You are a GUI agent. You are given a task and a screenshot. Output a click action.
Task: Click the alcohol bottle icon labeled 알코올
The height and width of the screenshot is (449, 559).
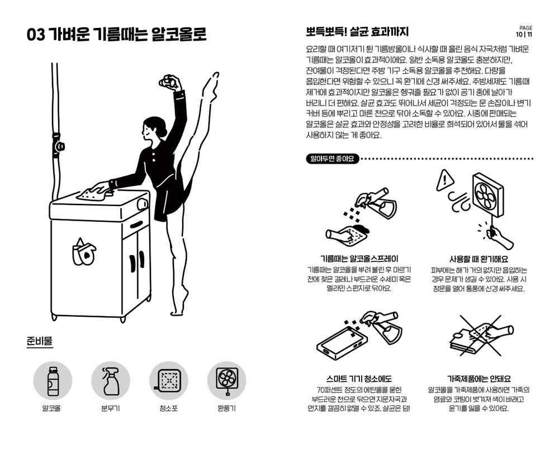coord(53,381)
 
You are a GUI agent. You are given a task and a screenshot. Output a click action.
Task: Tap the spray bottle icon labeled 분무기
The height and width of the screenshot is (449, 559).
coord(111,381)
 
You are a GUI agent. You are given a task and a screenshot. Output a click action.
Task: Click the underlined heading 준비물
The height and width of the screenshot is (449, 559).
coord(40,341)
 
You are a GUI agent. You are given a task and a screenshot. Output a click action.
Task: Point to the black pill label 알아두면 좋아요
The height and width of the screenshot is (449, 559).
coord(332,159)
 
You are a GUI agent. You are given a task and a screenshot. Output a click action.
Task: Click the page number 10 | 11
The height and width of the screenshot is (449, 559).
coord(524,35)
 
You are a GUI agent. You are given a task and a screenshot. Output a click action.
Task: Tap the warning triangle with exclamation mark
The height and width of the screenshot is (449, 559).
coord(444,180)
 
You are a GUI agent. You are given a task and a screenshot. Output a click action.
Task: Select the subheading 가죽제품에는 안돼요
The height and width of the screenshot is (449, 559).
coord(479,379)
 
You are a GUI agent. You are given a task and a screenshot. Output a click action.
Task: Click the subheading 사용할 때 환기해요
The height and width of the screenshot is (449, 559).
coord(479,259)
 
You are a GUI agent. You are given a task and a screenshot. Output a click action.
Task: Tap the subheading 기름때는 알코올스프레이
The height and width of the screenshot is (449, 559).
coord(359,259)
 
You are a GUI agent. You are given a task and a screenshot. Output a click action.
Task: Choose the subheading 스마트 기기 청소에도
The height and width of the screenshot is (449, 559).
coord(359,379)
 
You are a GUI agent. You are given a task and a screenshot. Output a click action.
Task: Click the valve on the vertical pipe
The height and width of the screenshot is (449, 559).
coord(58,145)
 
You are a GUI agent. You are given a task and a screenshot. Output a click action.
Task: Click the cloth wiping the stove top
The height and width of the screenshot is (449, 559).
coord(91,193)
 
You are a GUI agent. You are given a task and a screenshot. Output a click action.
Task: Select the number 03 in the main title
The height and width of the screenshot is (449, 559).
coord(36,35)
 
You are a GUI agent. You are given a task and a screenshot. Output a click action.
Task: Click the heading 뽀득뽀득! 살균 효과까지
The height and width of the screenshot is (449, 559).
coord(357,32)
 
